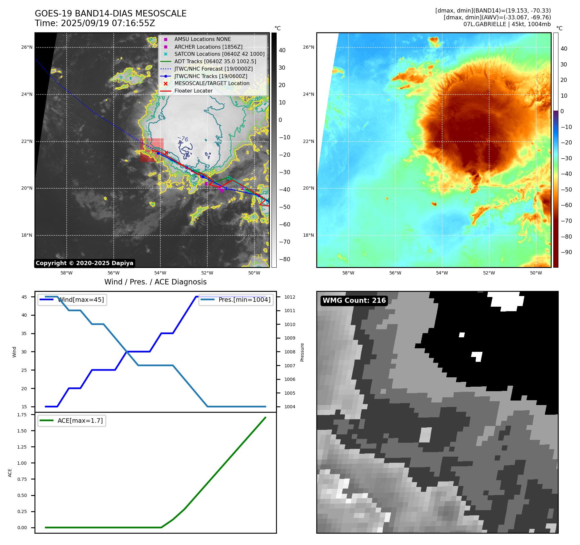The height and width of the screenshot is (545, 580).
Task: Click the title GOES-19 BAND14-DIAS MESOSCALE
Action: [x=110, y=14]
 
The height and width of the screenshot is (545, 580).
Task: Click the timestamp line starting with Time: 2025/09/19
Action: [x=95, y=23]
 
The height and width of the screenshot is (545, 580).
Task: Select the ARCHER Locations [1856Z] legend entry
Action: [x=208, y=47]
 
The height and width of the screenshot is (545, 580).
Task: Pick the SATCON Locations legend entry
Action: [x=219, y=54]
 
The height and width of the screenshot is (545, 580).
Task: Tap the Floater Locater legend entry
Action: [x=193, y=91]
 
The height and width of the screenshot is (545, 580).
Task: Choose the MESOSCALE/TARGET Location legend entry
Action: [x=212, y=84]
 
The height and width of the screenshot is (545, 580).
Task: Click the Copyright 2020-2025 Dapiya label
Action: [x=84, y=263]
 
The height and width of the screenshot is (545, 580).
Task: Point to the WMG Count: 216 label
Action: [x=354, y=301]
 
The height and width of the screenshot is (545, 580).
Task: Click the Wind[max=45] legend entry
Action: [x=81, y=300]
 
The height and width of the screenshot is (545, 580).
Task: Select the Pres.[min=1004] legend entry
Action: [x=244, y=300]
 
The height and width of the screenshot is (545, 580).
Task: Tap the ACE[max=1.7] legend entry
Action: [x=80, y=421]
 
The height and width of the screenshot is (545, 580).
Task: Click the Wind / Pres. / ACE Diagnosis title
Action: [x=155, y=282]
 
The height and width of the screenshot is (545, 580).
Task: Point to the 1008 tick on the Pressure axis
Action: [x=290, y=352]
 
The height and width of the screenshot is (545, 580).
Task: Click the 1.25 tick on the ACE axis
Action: [x=22, y=447]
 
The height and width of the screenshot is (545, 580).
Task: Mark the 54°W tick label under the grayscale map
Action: [x=160, y=273]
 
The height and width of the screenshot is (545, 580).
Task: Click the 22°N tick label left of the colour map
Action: [x=309, y=142]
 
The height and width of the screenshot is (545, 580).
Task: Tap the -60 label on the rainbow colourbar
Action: [x=566, y=205]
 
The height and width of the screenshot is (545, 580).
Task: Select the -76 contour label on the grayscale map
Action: [x=183, y=139]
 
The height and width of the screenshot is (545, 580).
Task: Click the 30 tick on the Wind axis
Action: [x=24, y=352]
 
